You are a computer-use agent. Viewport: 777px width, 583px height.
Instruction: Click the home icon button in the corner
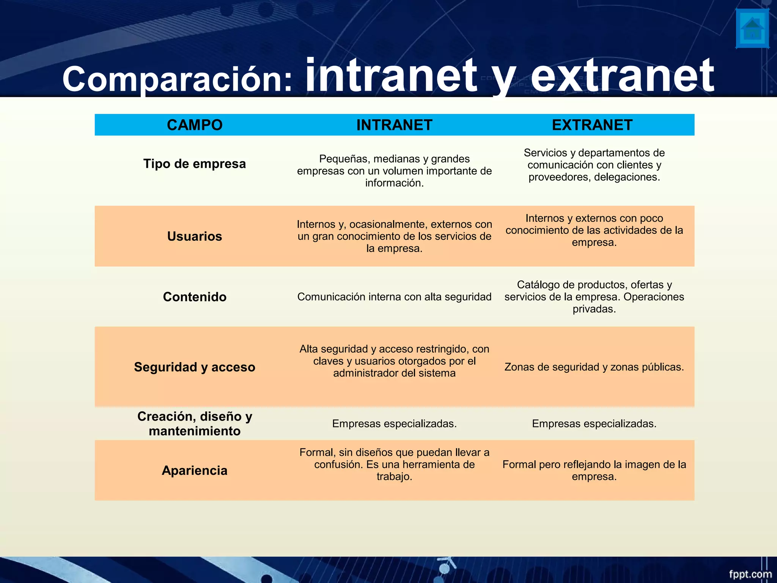coord(752,29)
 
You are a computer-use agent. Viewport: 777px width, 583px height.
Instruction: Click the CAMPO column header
coord(195,125)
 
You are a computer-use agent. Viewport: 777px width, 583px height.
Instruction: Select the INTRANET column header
coord(394,125)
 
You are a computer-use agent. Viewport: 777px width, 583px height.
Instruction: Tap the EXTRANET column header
coord(592,125)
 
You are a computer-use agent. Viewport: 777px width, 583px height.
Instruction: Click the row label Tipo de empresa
coord(195,164)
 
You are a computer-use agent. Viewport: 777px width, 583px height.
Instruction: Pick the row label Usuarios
coord(195,236)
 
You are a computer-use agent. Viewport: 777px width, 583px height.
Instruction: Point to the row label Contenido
coord(195,297)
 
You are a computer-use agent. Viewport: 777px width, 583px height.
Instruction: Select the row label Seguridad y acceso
coord(195,367)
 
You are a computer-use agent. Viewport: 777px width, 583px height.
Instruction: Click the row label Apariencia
coord(195,470)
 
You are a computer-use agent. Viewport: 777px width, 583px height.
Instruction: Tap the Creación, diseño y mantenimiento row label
coord(195,424)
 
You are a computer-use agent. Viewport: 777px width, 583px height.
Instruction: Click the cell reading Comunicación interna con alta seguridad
coord(394,297)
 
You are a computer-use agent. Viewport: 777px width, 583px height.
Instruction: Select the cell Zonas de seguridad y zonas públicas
coord(594,367)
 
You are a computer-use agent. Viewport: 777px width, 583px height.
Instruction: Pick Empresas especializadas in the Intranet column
coord(394,424)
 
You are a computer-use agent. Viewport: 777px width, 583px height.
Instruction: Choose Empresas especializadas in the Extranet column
coord(594,424)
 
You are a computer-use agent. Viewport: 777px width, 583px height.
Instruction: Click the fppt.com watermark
coord(750,574)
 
